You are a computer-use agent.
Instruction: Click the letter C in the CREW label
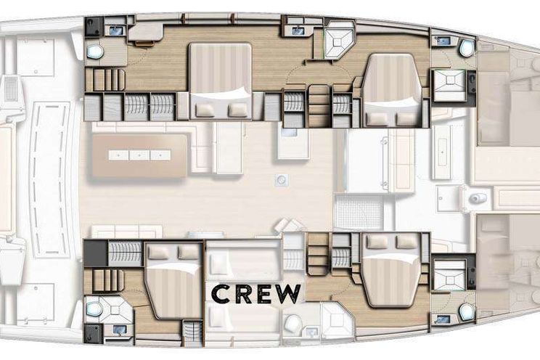221,294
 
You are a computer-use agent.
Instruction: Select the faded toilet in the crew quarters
292,323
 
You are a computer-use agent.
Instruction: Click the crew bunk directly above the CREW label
243,262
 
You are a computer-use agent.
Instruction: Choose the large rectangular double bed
221,81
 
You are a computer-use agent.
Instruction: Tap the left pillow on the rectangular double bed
206,110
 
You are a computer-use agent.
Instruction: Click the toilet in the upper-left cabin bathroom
94,52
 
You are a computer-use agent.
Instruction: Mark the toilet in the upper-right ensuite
466,48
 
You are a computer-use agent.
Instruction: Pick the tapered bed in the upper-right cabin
392,90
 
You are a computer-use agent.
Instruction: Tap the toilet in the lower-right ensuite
466,312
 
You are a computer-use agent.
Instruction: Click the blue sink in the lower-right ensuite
442,320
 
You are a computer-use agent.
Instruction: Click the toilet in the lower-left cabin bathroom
94,308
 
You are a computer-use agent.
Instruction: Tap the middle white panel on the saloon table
139,155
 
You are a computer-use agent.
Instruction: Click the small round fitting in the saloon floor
282,179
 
